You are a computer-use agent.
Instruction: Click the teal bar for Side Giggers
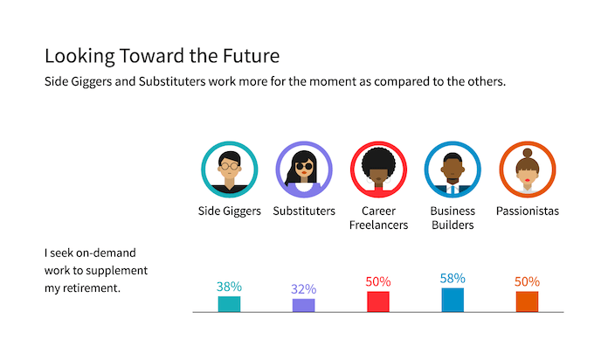229,303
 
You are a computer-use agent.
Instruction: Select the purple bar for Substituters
303,305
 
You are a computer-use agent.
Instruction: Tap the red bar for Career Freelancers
377,301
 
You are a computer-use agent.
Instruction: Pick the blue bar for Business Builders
453,300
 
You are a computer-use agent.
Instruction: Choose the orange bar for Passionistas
527,301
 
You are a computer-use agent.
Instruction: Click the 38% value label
229,286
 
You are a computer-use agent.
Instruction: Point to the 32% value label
303,289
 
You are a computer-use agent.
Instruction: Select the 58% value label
453,278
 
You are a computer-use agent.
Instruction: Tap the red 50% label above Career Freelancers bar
377,281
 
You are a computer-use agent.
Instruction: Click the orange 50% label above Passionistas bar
527,281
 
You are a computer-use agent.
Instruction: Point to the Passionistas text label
527,211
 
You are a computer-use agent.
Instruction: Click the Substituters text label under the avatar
303,211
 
